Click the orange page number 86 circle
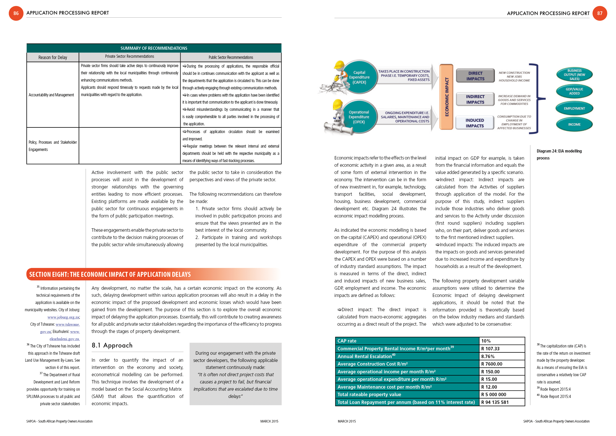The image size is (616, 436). tap(16, 13)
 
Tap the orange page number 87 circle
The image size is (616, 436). tap(600, 13)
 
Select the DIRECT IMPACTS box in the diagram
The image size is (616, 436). tap(475, 76)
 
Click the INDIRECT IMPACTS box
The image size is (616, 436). tap(475, 99)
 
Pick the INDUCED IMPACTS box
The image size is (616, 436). tap(474, 123)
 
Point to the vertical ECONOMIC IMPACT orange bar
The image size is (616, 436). tap(447, 97)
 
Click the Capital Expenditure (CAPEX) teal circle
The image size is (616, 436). tap(359, 77)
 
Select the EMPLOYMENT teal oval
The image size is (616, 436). tap(574, 108)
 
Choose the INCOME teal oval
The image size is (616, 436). tap(574, 125)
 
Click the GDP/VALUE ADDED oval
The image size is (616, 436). tap(574, 91)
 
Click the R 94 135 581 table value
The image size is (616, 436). tap(495, 402)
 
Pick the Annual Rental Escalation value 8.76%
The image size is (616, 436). tap(488, 357)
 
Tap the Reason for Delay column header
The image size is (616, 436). tap(53, 57)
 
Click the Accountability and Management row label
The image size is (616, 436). tap(51, 95)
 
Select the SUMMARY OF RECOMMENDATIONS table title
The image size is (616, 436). tap(154, 48)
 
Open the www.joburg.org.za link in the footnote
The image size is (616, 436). tap(63, 317)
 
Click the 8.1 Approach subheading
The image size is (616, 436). tap(112, 345)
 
